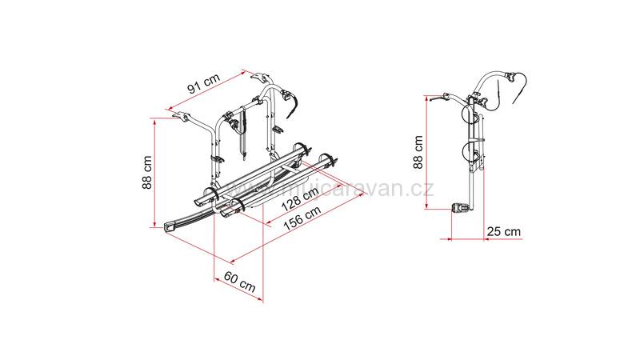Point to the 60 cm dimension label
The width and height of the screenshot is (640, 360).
pos(239,282)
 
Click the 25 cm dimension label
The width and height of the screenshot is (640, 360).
pos(503,231)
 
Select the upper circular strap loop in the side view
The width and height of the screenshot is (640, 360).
pos(472,115)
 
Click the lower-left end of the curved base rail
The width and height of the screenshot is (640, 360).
pos(167,226)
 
